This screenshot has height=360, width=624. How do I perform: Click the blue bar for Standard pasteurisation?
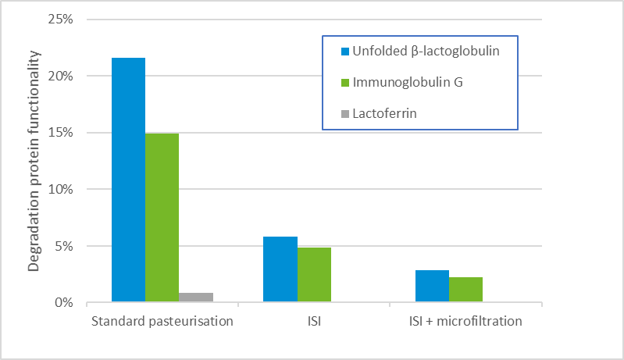[x=128, y=180]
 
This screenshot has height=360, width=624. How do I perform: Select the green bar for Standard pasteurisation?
[x=162, y=217]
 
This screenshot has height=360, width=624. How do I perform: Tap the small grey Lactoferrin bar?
[x=196, y=298]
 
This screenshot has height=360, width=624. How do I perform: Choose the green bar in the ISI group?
[x=314, y=274]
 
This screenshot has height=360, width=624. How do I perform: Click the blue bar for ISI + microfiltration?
[x=432, y=286]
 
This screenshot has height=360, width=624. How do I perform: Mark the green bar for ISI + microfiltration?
[x=465, y=289]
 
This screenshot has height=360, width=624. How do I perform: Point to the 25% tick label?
[x=60, y=20]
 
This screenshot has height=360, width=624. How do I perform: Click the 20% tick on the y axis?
[x=60, y=77]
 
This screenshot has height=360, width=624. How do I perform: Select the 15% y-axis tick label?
[x=60, y=133]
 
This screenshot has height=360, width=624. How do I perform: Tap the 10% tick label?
[x=60, y=190]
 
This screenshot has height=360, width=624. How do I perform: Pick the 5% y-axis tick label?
[x=63, y=247]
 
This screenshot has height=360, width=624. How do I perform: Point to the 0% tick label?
[x=63, y=303]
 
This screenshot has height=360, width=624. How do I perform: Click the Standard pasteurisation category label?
[x=162, y=321]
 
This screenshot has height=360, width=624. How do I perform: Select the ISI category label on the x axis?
[x=314, y=321]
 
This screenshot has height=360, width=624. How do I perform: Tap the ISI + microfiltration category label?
[x=465, y=321]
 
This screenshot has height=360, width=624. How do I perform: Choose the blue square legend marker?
[x=344, y=52]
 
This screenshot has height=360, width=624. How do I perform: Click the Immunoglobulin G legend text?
[x=408, y=82]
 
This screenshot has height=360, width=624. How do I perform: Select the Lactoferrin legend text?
[x=385, y=113]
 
